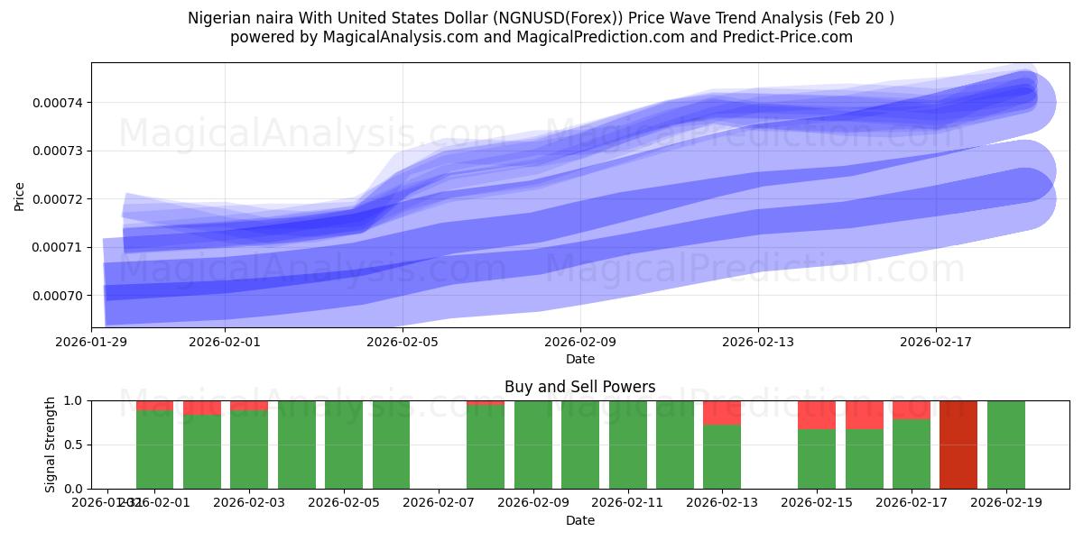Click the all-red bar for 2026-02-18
tap(958, 445)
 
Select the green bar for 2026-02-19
tap(1005, 445)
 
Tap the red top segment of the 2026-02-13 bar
tap(722, 412)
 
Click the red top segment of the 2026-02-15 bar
tap(817, 415)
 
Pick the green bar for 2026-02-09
tap(532, 445)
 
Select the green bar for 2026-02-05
tap(344, 445)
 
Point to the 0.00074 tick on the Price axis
tap(57, 103)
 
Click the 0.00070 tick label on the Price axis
tap(57, 296)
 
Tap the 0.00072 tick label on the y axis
tap(57, 199)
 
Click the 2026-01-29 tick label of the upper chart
tap(91, 343)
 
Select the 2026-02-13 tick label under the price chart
tap(758, 343)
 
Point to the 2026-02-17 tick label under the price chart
tap(936, 343)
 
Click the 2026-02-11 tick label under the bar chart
tap(627, 503)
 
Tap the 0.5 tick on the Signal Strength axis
tap(74, 445)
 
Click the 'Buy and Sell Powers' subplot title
tap(579, 387)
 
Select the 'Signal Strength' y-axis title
tap(51, 445)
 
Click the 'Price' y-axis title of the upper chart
tap(19, 196)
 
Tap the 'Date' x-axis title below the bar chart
tap(579, 520)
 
